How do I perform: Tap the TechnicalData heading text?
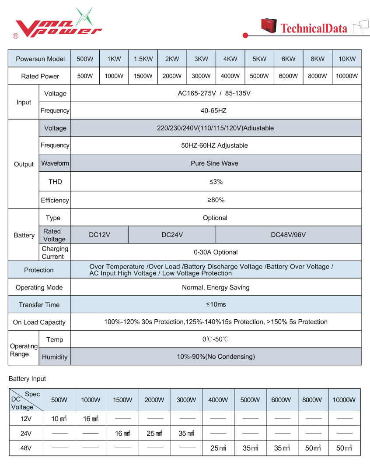pos(314,29)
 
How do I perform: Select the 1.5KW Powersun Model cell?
pos(143,59)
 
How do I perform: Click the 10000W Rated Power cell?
pos(347,76)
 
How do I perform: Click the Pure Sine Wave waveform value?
pos(214,163)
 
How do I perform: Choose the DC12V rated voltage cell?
pos(99,235)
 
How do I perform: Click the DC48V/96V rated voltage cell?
pos(288,235)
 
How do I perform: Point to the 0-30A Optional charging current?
pos(216,252)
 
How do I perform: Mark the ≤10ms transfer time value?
pos(216,304)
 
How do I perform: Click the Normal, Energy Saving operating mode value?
pos(216,288)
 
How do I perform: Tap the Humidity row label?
pos(55,357)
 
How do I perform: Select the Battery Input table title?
pos(27,378)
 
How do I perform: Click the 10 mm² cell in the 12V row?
pos(59,419)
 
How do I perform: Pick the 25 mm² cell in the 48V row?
pos(218,448)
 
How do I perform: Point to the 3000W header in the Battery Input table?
pos(187,400)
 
